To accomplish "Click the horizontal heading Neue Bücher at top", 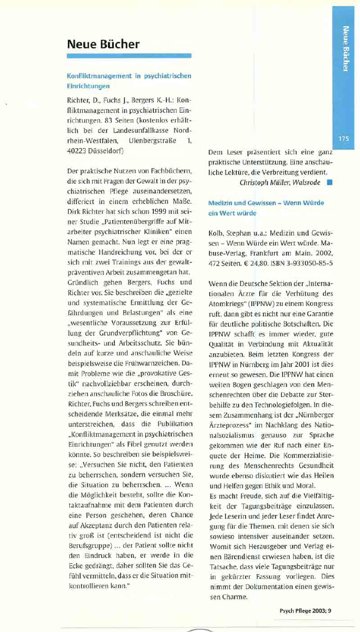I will tap(103, 44).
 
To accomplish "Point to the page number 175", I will tap(344, 139).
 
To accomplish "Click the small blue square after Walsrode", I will tap(329, 183).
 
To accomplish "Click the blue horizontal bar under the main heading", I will tap(129, 55).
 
